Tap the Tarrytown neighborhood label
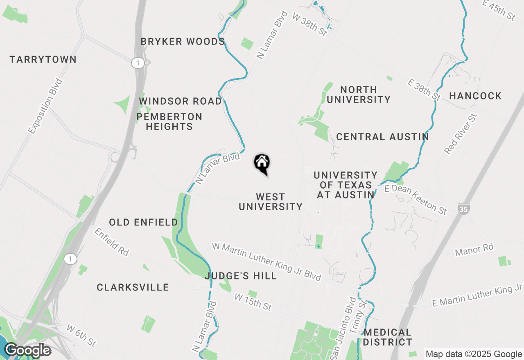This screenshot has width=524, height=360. tap(43, 60)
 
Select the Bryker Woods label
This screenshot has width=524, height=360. tap(183, 42)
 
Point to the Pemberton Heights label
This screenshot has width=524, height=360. tap(169, 122)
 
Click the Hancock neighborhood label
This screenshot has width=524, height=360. tap(475, 96)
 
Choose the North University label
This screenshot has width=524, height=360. tap(359, 94)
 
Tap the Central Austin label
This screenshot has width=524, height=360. tap(382, 137)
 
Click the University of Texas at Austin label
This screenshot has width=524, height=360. tap(346, 185)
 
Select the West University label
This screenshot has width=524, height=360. tap(270, 202)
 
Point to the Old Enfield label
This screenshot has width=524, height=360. tap(143, 223)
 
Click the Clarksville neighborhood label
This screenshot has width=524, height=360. tap(133, 288)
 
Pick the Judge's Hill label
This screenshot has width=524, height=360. tap(241, 276)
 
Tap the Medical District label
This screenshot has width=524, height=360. tap(387, 337)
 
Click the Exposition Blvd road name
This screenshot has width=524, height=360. tap(45, 106)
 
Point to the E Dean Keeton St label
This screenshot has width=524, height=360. tap(416, 199)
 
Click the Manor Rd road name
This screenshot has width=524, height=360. tap(474, 249)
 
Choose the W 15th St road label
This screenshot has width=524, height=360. tap(253, 301)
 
